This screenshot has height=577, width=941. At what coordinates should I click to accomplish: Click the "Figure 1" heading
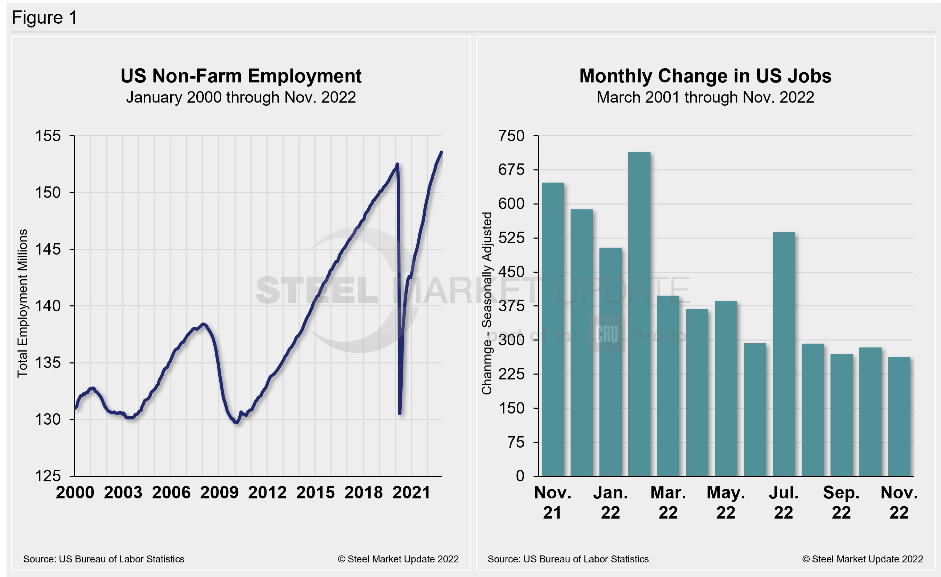tap(45, 18)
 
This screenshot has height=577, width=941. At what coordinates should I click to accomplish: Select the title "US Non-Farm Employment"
tap(241, 76)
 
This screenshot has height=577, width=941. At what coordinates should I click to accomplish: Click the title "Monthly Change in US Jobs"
tap(705, 76)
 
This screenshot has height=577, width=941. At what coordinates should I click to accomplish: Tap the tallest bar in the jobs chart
tap(639, 313)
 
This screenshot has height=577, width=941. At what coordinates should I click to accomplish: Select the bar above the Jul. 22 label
tap(784, 353)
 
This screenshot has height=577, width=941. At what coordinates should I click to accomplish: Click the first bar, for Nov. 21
tap(553, 329)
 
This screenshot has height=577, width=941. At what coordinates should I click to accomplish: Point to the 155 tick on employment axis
tap(48, 136)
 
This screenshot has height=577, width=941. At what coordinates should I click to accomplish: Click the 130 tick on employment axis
tap(48, 419)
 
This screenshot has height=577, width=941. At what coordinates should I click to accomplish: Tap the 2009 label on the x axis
tap(219, 492)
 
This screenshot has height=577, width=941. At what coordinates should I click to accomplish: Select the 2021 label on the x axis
tap(412, 492)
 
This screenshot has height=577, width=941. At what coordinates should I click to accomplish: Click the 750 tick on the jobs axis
tap(512, 136)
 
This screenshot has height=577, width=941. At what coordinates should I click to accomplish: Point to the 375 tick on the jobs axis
tap(512, 306)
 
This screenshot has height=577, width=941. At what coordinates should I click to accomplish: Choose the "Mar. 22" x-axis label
tap(668, 502)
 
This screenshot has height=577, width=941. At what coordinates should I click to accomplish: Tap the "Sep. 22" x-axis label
tap(841, 502)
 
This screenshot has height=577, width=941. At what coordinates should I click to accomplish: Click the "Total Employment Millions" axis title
tap(23, 303)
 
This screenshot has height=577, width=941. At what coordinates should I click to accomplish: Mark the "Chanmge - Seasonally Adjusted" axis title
tap(486, 303)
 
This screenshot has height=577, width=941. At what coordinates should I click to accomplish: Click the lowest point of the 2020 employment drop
tap(400, 413)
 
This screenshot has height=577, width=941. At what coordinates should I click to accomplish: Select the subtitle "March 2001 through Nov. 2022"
tap(705, 97)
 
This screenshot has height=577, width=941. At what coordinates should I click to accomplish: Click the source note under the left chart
tap(104, 559)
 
